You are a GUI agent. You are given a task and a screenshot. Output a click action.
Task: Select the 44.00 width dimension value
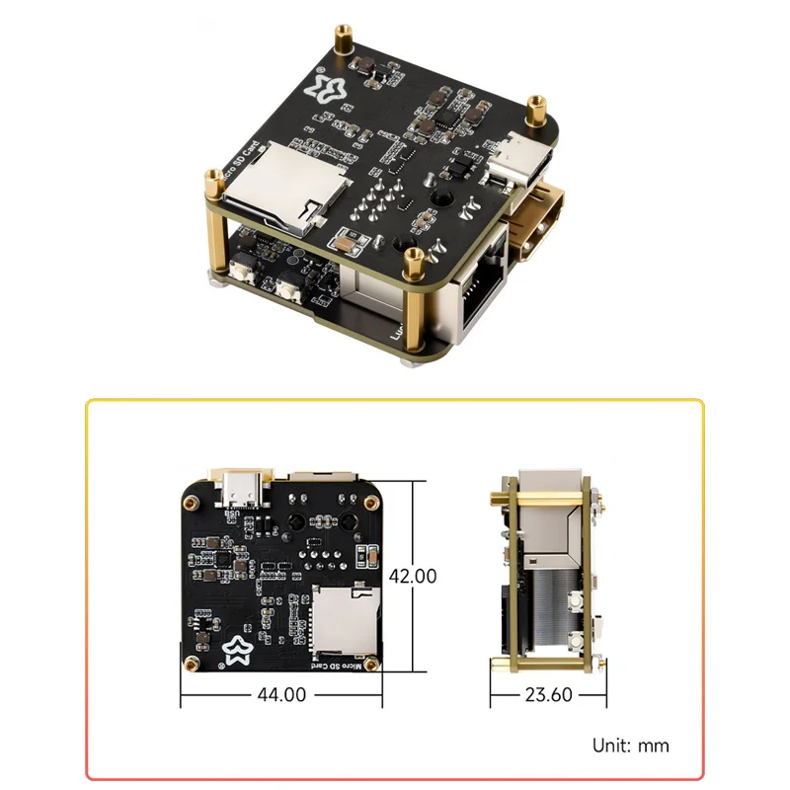tap(280, 694)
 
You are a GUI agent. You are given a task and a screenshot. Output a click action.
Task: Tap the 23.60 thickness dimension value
tap(549, 694)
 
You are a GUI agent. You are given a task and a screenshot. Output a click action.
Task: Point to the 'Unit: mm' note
tap(630, 745)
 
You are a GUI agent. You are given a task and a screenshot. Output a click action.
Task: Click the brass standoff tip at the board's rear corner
tap(344, 34)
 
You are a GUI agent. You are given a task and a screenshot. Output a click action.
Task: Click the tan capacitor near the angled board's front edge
tap(346, 241)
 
